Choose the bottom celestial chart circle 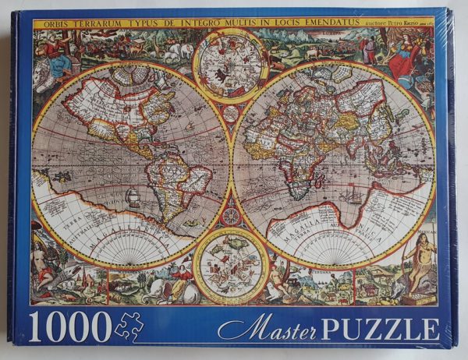(x=232, y=266)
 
